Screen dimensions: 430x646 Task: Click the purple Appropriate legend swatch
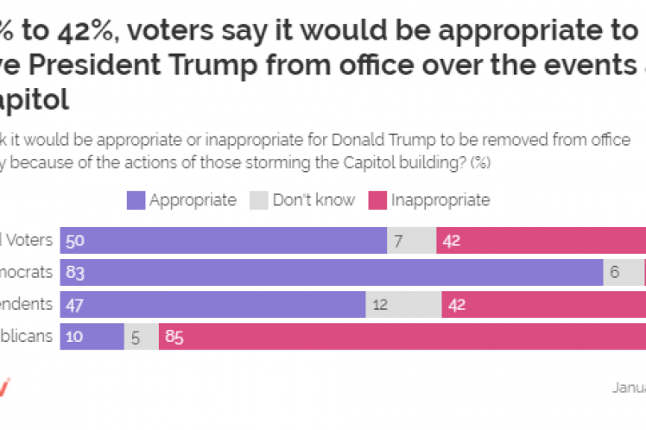(x=135, y=200)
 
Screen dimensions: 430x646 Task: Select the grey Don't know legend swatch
(x=259, y=200)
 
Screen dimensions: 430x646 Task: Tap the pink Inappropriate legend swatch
(x=377, y=200)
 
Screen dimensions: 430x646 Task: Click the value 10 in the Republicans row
(x=73, y=335)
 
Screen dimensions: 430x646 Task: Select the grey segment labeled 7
(x=411, y=241)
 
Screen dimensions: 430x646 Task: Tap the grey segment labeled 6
(x=623, y=272)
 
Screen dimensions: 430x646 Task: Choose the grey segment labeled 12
(x=403, y=303)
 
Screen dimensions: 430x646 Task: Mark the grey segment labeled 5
(x=141, y=335)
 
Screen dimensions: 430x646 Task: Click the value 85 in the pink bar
(x=174, y=335)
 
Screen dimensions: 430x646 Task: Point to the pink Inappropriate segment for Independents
(x=543, y=303)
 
